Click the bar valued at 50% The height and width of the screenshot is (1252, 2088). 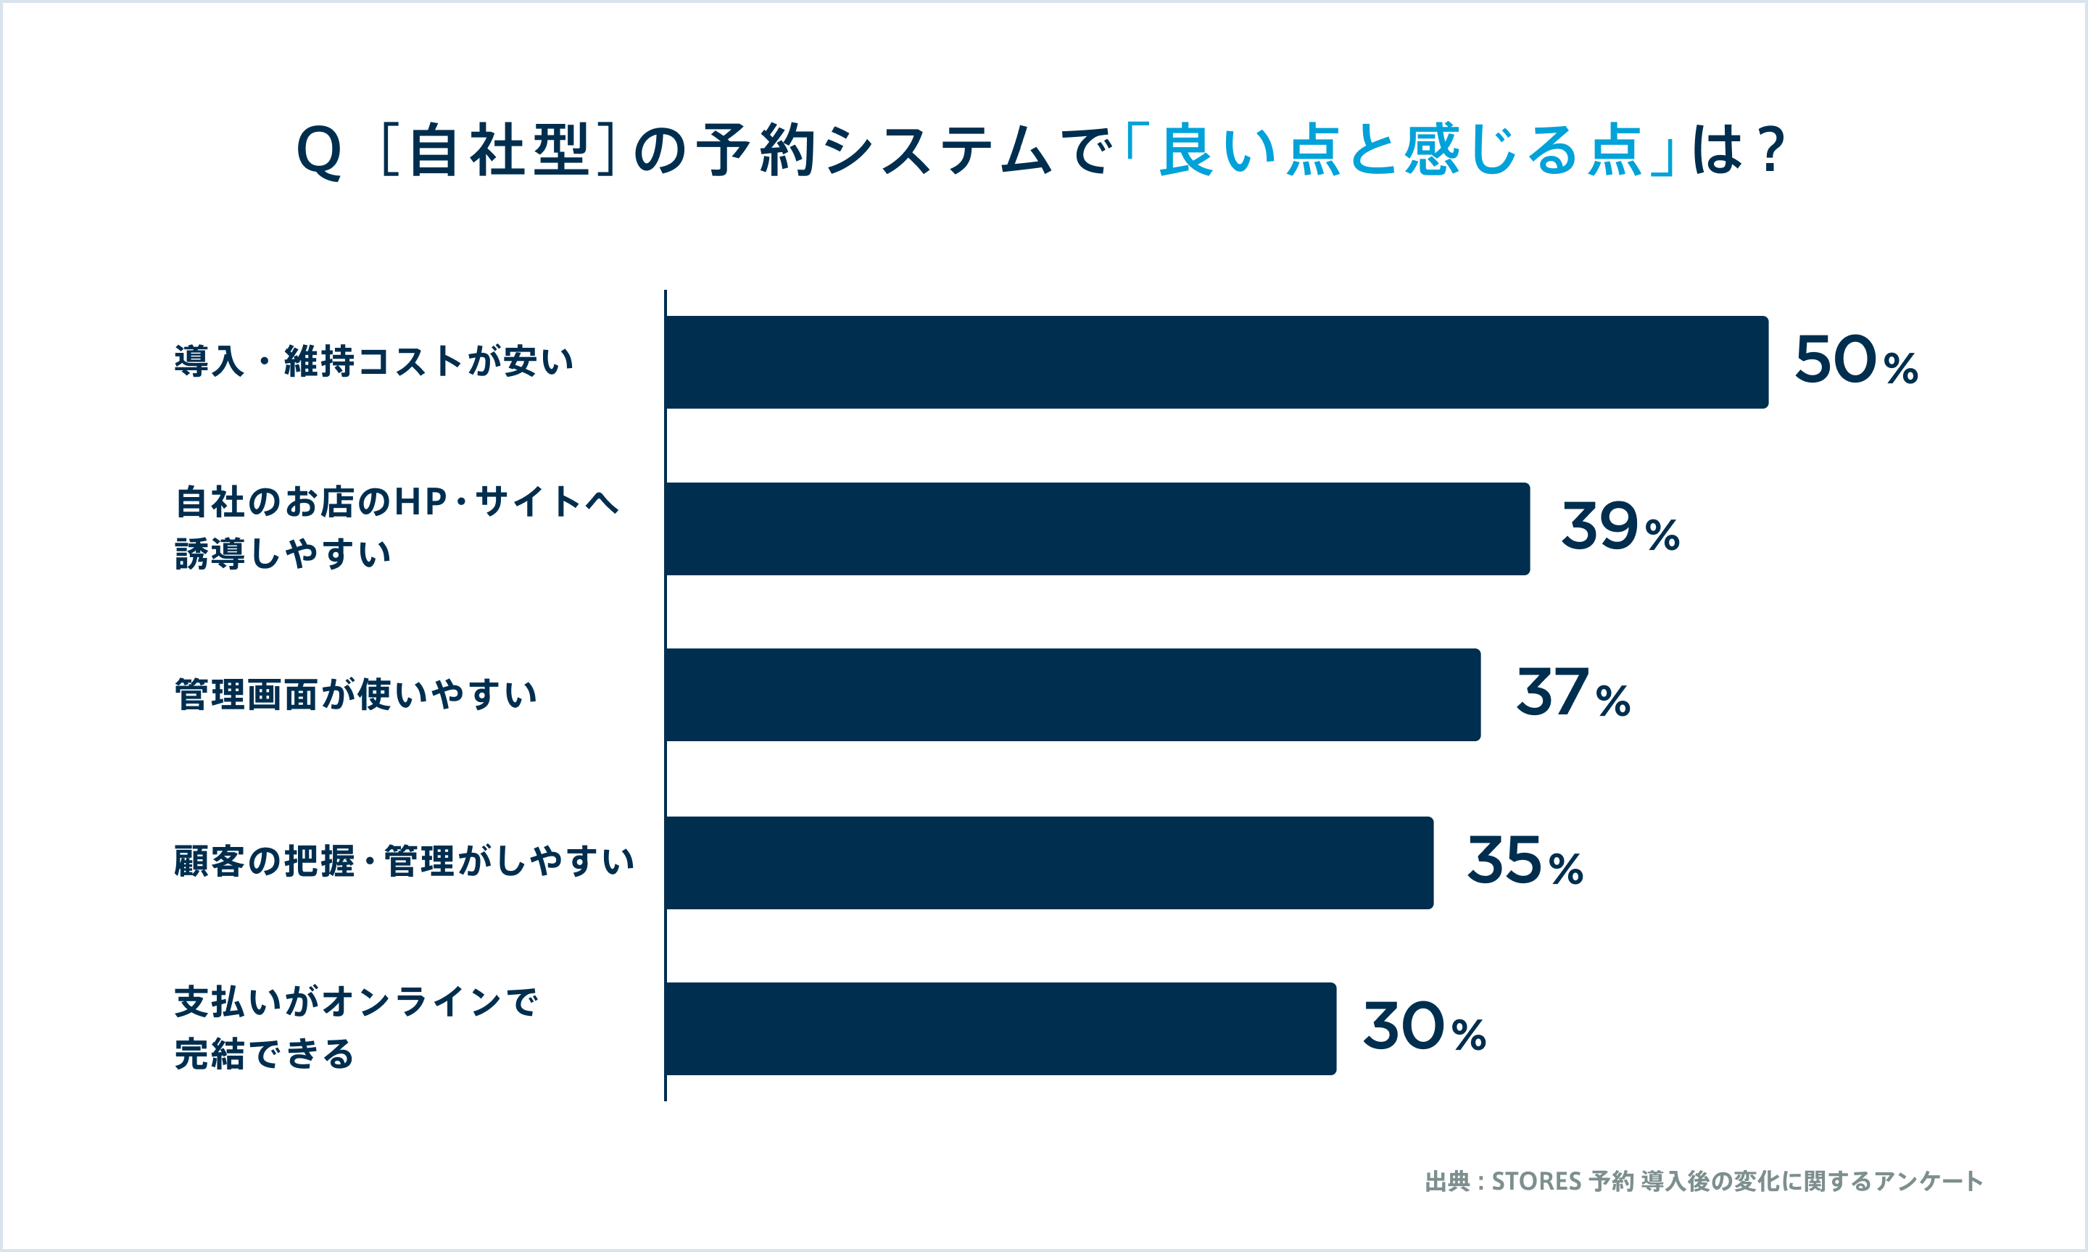click(1215, 362)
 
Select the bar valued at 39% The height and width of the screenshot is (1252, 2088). click(1097, 529)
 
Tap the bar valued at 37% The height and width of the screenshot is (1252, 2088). click(1072, 695)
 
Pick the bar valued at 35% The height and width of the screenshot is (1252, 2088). click(1048, 863)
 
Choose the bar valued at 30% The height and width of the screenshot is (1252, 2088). click(1000, 1028)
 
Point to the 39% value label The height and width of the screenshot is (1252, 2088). click(1620, 528)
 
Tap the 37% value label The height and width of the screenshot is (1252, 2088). click(1573, 694)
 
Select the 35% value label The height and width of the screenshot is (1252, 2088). click(1524, 862)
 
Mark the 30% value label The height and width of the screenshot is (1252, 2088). click(1424, 1028)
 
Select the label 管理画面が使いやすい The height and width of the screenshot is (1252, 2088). click(355, 695)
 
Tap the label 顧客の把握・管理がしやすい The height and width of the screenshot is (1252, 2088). click(403, 862)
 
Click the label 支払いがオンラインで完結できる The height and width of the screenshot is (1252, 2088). click(355, 1028)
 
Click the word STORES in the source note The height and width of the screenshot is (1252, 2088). click(1536, 1182)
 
